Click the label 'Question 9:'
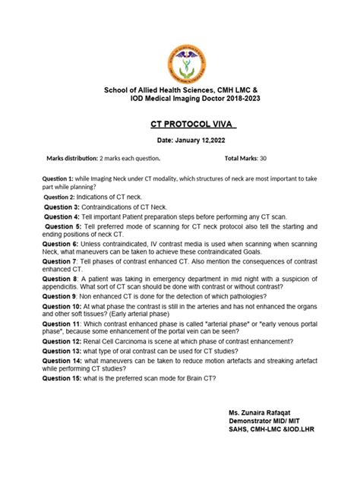63,298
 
